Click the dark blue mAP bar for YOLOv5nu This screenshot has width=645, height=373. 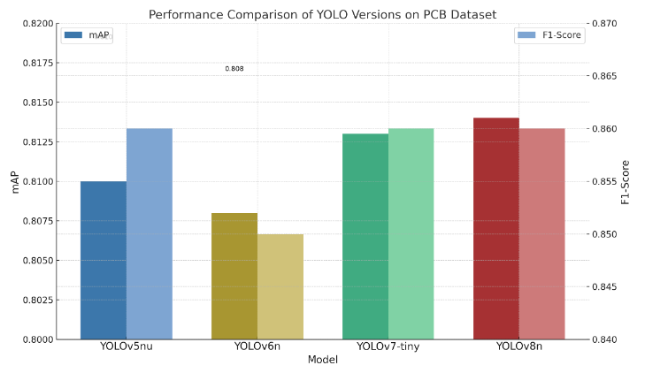104,260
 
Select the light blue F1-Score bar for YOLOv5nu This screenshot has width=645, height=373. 150,233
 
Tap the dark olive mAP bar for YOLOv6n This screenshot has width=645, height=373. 234,276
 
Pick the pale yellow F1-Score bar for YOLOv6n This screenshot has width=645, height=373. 280,286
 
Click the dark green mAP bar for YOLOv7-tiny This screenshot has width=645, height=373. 365,236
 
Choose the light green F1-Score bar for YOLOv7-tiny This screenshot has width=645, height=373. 411,233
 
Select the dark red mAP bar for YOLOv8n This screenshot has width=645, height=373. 496,228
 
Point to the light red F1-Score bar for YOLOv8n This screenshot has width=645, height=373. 541,233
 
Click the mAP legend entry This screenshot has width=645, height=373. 87,35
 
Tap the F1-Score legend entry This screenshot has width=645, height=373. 549,35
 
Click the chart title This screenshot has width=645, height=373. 322,14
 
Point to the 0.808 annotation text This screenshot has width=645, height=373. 234,68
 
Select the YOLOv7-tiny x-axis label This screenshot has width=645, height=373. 388,347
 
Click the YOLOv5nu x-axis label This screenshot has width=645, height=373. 127,347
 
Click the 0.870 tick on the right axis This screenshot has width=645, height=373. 606,24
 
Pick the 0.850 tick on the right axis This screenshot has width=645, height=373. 606,234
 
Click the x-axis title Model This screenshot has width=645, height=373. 322,360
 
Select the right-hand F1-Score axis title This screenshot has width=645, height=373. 626,182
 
